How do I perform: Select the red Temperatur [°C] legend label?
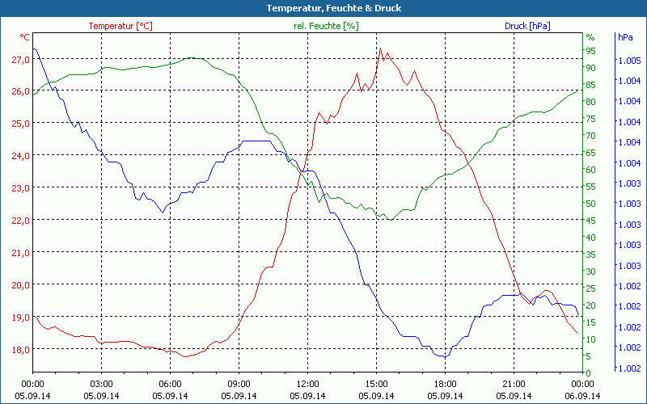(x=120, y=26)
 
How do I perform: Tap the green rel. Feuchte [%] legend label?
(x=326, y=26)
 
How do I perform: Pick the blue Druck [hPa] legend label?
(x=527, y=26)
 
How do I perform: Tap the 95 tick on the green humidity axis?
(x=590, y=50)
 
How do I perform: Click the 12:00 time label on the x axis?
(x=308, y=384)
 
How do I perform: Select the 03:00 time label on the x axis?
(x=101, y=384)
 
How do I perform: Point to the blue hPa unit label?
(x=625, y=37)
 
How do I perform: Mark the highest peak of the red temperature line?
(x=381, y=48)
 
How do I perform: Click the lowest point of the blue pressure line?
(x=443, y=356)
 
